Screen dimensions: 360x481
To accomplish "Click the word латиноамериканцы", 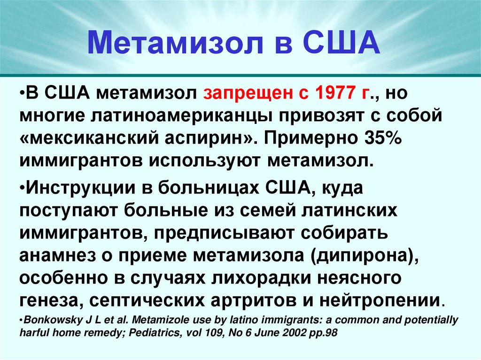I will click(178, 116).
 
